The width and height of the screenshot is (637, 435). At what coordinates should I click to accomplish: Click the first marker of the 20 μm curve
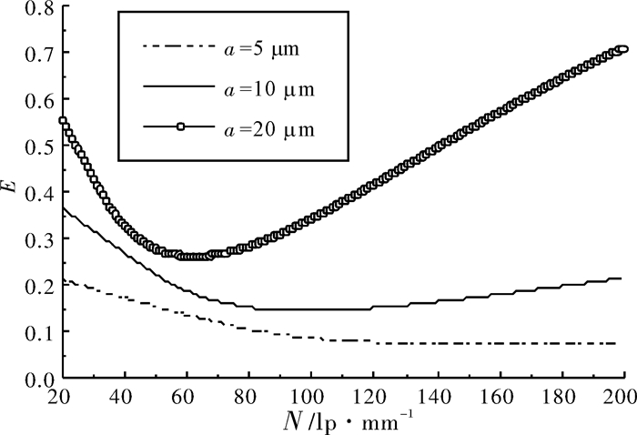tap(63, 121)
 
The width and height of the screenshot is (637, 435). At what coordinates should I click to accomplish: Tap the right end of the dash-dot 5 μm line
tap(615, 343)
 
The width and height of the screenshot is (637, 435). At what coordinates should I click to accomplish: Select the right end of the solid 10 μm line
tap(622, 278)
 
